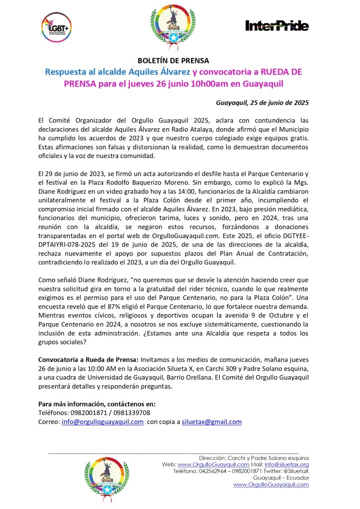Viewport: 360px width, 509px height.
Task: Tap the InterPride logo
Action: tap(277, 26)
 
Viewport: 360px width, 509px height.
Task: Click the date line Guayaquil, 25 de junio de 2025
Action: tap(263, 103)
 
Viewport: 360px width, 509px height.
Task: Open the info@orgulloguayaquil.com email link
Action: tap(103, 422)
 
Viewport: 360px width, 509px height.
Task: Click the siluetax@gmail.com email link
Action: tap(211, 422)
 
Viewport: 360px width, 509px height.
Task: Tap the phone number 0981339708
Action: tap(131, 413)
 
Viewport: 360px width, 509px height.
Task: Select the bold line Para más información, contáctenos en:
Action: tap(97, 404)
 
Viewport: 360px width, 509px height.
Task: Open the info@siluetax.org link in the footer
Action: tap(290, 464)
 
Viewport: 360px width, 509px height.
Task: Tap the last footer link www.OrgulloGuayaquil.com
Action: tap(271, 485)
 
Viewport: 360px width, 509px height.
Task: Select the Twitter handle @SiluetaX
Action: tap(292, 471)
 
